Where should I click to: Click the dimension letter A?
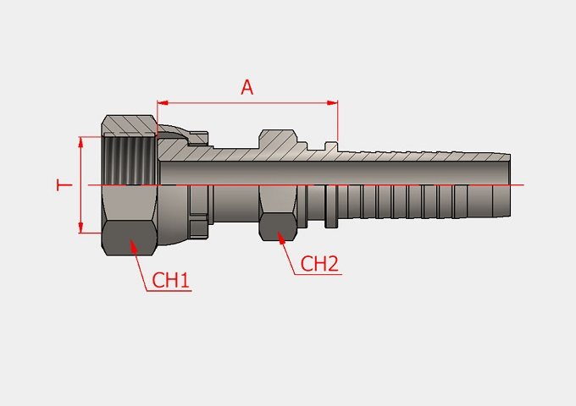pos(247,88)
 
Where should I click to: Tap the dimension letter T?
pos(64,185)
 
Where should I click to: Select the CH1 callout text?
pos(170,280)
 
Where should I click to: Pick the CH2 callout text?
pos(319,264)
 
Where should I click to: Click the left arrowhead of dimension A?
pos(163,103)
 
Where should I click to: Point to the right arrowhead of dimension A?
pos(332,103)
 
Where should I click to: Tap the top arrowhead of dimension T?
pos(81,142)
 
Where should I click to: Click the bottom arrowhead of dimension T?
pos(81,228)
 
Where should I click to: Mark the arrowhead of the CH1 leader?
pos(133,245)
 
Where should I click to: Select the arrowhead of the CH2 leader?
pos(281,238)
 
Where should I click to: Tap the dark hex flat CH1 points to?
pos(129,238)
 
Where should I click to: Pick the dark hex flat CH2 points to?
pos(278,228)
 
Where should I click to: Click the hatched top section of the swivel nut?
pos(130,125)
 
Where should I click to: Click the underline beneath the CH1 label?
pos(169,291)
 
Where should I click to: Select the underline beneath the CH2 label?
pos(318,274)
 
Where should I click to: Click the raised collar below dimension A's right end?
pos(331,146)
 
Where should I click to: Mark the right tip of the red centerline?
pos(523,185)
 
